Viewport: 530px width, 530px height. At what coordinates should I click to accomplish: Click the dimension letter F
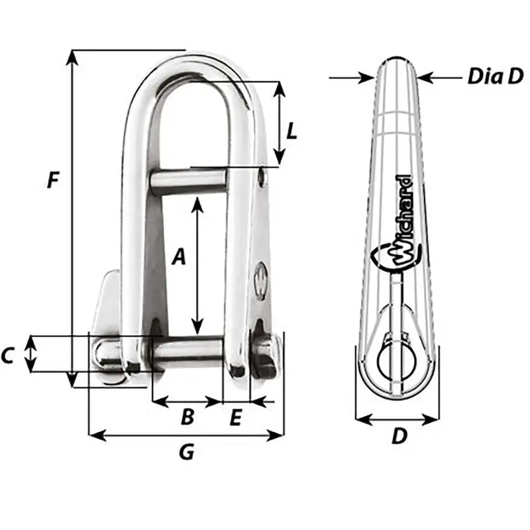click(x=54, y=180)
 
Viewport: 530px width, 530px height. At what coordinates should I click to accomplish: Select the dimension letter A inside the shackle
click(x=177, y=256)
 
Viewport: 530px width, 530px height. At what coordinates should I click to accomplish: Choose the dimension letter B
click(x=187, y=417)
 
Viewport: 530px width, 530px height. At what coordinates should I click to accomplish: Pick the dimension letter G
click(x=187, y=452)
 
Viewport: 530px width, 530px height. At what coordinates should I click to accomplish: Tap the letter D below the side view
click(x=398, y=437)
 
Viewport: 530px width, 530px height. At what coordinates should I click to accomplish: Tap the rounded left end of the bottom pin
click(x=103, y=352)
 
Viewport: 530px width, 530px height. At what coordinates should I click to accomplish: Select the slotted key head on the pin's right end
click(x=265, y=356)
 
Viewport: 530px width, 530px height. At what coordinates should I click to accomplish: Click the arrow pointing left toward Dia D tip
click(x=424, y=78)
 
